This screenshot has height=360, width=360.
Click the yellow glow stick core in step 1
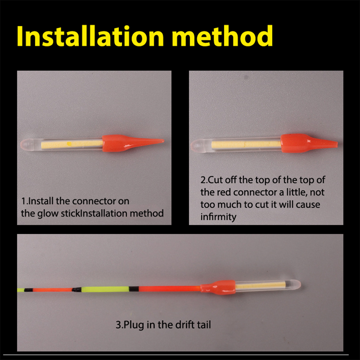pyautogui.click(x=72, y=144)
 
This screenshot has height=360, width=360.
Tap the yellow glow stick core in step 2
pyautogui.click(x=246, y=145)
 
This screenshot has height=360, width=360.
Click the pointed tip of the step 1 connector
pyautogui.click(x=164, y=140)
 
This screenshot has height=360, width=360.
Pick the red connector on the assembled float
pyautogui.click(x=218, y=287)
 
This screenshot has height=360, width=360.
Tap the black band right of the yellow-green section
pyautogui.click(x=133, y=289)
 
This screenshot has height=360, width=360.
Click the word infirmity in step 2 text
pyautogui.click(x=218, y=217)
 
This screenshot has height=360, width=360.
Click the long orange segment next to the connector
pyautogui.click(x=170, y=289)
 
